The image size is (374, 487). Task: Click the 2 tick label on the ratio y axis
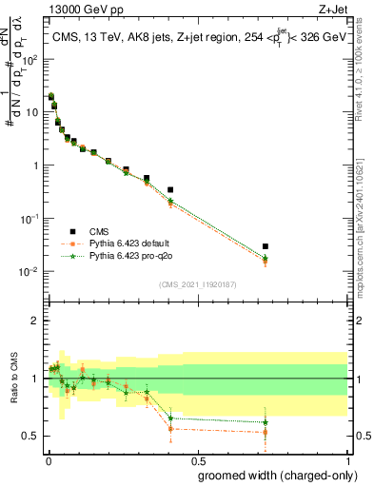tap(37, 321)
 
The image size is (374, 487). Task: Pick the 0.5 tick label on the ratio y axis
tap(32, 436)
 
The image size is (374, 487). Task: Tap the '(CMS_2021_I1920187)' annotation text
tap(197, 282)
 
